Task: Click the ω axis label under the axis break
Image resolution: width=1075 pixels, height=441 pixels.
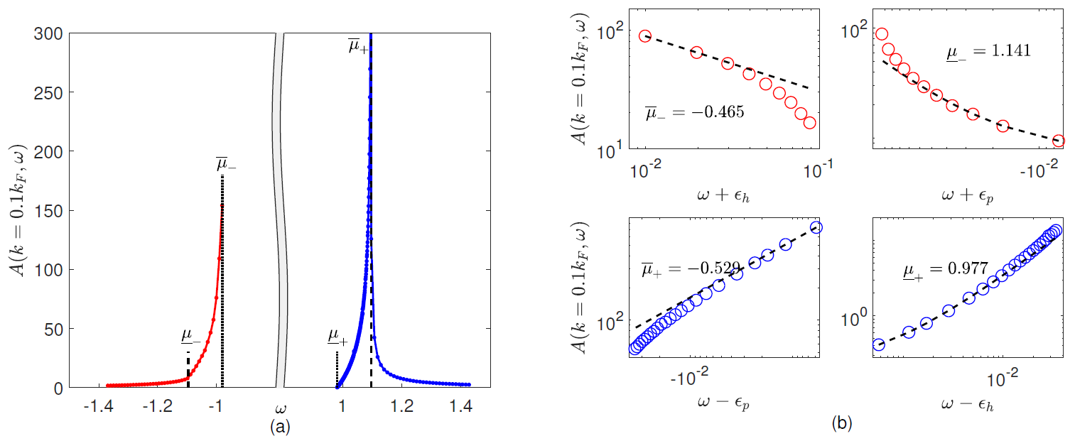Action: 279,408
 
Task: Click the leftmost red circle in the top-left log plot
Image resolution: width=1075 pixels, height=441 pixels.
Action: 645,36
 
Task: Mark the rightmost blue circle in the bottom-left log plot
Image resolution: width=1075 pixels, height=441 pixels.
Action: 816,227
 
